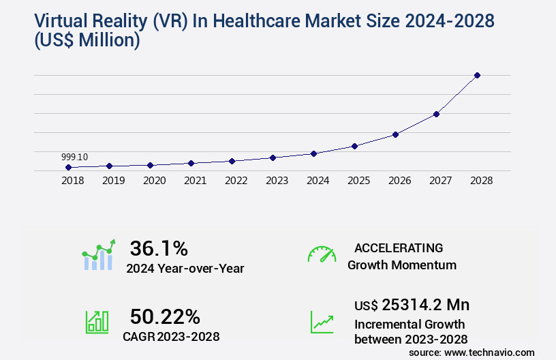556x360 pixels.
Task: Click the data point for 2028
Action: pos(477,75)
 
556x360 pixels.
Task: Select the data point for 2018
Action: pos(68,167)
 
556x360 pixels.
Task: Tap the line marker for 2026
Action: pos(395,134)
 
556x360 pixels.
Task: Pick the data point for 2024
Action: pos(313,153)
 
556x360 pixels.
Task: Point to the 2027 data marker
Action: pos(436,114)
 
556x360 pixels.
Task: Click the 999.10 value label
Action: pos(74,157)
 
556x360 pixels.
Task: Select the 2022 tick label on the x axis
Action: pos(236,181)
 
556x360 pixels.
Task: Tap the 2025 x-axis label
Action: pos(358,181)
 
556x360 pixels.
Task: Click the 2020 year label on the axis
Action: pos(154,181)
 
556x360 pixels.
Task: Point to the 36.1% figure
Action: pos(159,248)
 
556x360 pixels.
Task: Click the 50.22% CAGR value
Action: pos(165,316)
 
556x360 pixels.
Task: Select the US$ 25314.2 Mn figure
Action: pos(412,304)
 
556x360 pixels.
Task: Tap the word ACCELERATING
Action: pos(399,247)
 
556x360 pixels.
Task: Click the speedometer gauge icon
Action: pos(322,254)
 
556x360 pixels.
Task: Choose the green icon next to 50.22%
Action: pos(97,322)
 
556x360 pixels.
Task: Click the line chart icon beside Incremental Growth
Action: pos(322,322)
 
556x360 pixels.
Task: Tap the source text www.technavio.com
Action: pos(489,352)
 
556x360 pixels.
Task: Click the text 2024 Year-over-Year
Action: pos(185,269)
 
